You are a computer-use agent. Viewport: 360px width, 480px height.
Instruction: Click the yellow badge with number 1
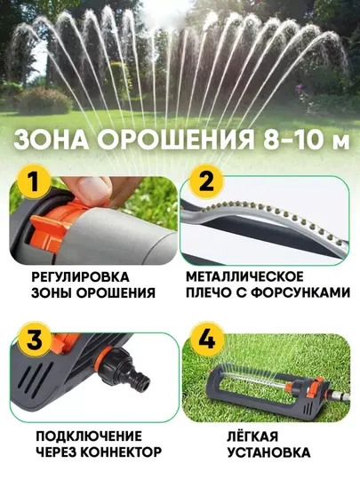click(x=33, y=182)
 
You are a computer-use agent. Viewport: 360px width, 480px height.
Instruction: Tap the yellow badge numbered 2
click(x=206, y=182)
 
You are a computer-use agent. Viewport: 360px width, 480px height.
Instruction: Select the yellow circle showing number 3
click(x=35, y=339)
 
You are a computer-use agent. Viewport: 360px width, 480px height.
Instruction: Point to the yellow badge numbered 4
click(x=207, y=339)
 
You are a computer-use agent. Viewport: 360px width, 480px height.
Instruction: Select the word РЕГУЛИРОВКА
click(x=80, y=277)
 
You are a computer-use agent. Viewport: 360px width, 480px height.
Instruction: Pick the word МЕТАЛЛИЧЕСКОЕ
click(x=244, y=276)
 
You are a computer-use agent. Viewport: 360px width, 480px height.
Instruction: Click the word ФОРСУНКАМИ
click(x=300, y=292)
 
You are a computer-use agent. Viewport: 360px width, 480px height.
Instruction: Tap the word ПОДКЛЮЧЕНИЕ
click(x=89, y=436)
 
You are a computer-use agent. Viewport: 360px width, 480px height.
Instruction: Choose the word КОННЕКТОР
click(x=122, y=452)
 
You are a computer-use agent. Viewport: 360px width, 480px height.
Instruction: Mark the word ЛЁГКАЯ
click(x=252, y=436)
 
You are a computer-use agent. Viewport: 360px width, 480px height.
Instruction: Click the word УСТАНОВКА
click(x=268, y=452)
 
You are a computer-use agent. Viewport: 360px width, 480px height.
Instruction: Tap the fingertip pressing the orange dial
click(x=92, y=189)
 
